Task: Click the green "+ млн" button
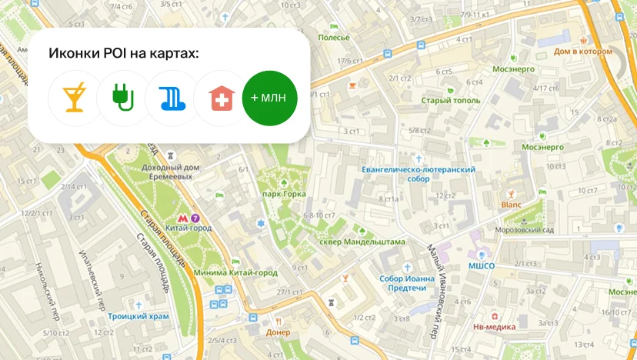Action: coord(269,98)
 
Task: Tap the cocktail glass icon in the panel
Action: coord(75,98)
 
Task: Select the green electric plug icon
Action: coord(123,98)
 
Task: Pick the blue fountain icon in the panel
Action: coord(172,98)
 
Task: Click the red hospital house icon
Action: coord(221,98)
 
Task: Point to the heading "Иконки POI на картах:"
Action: coord(123,53)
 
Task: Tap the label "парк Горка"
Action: coord(282,194)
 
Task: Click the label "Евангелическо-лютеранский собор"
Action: coord(418,173)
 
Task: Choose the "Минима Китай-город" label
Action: coord(235,272)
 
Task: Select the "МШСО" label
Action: coord(481,266)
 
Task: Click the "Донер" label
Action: coord(278,332)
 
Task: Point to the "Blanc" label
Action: coord(511,205)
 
